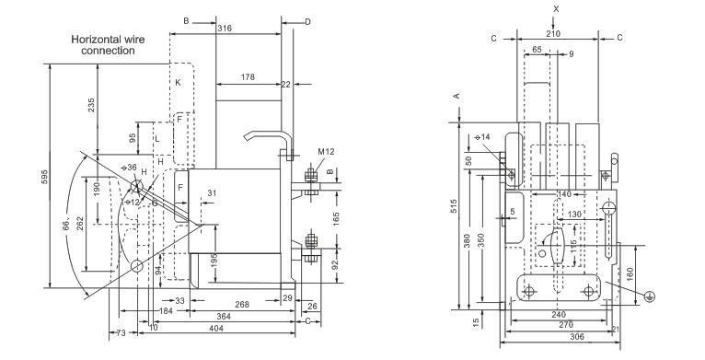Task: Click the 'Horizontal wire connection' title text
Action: (x=108, y=45)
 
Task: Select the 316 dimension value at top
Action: (x=225, y=29)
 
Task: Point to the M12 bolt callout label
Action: (x=326, y=152)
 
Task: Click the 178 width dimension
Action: (x=248, y=77)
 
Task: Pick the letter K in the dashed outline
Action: (x=178, y=82)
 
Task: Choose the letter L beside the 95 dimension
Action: (x=156, y=139)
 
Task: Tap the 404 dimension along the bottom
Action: (x=216, y=328)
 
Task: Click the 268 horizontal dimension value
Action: (x=242, y=305)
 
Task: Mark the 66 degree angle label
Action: (x=65, y=224)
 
